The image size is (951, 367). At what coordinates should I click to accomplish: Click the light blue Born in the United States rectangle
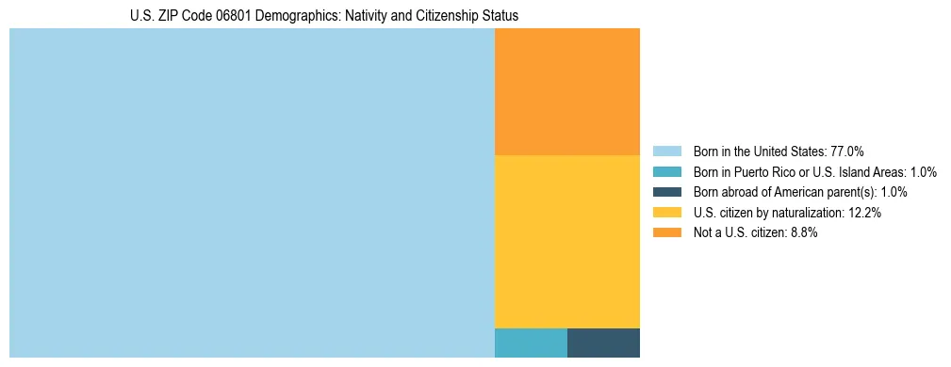point(252,193)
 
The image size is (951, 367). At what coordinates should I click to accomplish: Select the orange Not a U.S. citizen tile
point(566,91)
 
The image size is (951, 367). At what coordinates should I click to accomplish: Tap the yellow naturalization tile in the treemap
point(566,241)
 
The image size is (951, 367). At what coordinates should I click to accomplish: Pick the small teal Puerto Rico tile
point(531,343)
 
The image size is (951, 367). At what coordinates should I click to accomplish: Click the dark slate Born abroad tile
point(603,343)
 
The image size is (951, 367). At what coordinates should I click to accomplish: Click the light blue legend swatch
point(666,152)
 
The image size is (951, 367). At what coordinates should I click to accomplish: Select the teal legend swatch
point(666,172)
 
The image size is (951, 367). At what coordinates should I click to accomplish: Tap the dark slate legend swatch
point(666,192)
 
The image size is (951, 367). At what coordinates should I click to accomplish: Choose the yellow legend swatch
point(666,213)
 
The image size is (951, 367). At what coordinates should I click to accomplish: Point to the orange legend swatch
point(666,233)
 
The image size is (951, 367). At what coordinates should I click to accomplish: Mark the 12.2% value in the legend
point(863,213)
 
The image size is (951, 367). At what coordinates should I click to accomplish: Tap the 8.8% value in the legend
point(802,233)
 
